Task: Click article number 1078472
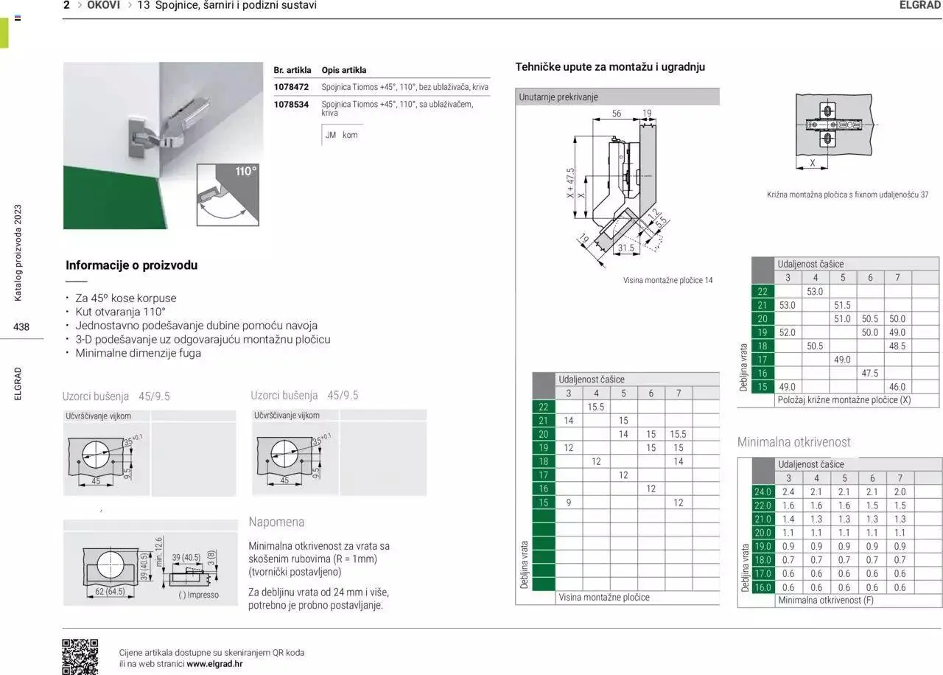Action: [291, 87]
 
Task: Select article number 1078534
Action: [291, 105]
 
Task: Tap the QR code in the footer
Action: [80, 656]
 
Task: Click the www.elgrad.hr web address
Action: [214, 663]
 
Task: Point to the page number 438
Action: [21, 326]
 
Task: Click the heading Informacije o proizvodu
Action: [132, 265]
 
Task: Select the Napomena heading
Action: [276, 522]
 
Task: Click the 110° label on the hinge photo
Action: [246, 172]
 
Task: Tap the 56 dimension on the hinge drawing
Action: [617, 113]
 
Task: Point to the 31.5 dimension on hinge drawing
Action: [625, 248]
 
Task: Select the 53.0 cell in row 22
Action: [815, 292]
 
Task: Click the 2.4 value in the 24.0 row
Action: [788, 492]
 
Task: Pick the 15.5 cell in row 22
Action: [595, 407]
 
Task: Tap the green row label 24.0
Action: [763, 492]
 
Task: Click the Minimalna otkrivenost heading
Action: [793, 442]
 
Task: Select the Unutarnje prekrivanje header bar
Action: [617, 97]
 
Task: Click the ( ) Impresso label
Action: [198, 595]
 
